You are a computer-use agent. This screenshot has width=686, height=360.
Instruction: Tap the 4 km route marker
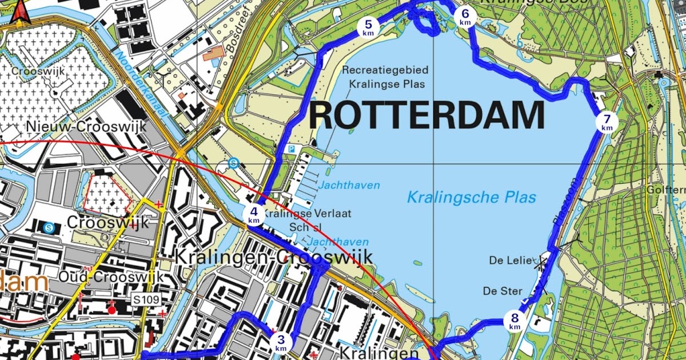(254, 214)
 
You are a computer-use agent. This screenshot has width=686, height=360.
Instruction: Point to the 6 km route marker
(465, 17)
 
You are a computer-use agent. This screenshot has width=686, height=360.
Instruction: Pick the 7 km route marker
(607, 122)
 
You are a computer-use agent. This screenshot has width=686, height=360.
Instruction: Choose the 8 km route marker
(514, 321)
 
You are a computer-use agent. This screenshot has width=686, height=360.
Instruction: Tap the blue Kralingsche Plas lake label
(472, 198)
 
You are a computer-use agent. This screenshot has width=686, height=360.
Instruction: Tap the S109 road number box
(146, 299)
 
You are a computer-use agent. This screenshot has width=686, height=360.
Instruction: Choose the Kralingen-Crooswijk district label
(273, 257)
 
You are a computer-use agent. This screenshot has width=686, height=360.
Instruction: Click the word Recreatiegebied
(385, 70)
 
